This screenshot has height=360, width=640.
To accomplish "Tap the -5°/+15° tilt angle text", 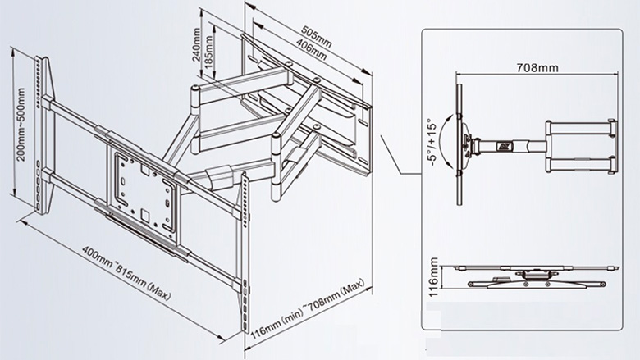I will pyautogui.click(x=432, y=147).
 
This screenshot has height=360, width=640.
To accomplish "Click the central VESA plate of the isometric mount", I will pyautogui.click(x=144, y=184).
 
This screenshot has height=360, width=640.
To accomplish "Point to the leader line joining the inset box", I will pyautogui.click(x=401, y=163).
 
